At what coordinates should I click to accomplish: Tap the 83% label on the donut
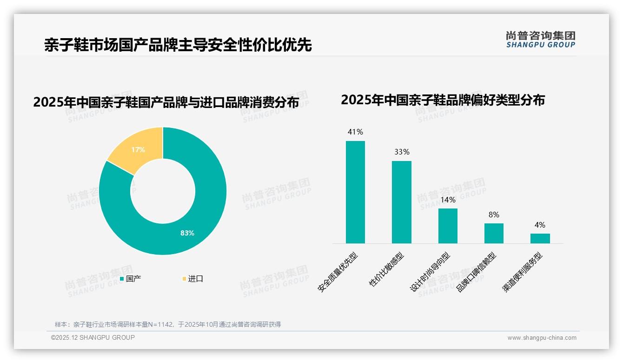pyautogui.click(x=187, y=233)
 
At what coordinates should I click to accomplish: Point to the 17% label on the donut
pyautogui.click(x=138, y=150)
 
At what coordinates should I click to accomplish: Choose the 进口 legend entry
pyautogui.click(x=192, y=279)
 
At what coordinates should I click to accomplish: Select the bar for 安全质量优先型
pyautogui.click(x=355, y=192)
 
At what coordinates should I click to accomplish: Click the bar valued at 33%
pyautogui.click(x=401, y=202)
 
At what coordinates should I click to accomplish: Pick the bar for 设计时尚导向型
pyautogui.click(x=448, y=226)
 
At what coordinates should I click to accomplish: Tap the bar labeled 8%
pyautogui.click(x=494, y=233)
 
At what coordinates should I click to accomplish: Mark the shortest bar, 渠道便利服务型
pyautogui.click(x=540, y=238)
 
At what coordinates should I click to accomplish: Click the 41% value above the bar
pyautogui.click(x=355, y=132)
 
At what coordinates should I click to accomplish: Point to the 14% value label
pyautogui.click(x=448, y=200)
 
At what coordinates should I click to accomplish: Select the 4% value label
pyautogui.click(x=540, y=225)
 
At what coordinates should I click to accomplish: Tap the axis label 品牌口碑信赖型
pyautogui.click(x=477, y=272)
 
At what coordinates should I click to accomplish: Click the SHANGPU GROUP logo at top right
pyautogui.click(x=540, y=40)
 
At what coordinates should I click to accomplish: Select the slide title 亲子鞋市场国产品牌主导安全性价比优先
pyautogui.click(x=178, y=45)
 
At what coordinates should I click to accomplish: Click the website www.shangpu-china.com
pyautogui.click(x=542, y=338)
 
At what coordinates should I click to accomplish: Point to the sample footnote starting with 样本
pyautogui.click(x=168, y=324)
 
